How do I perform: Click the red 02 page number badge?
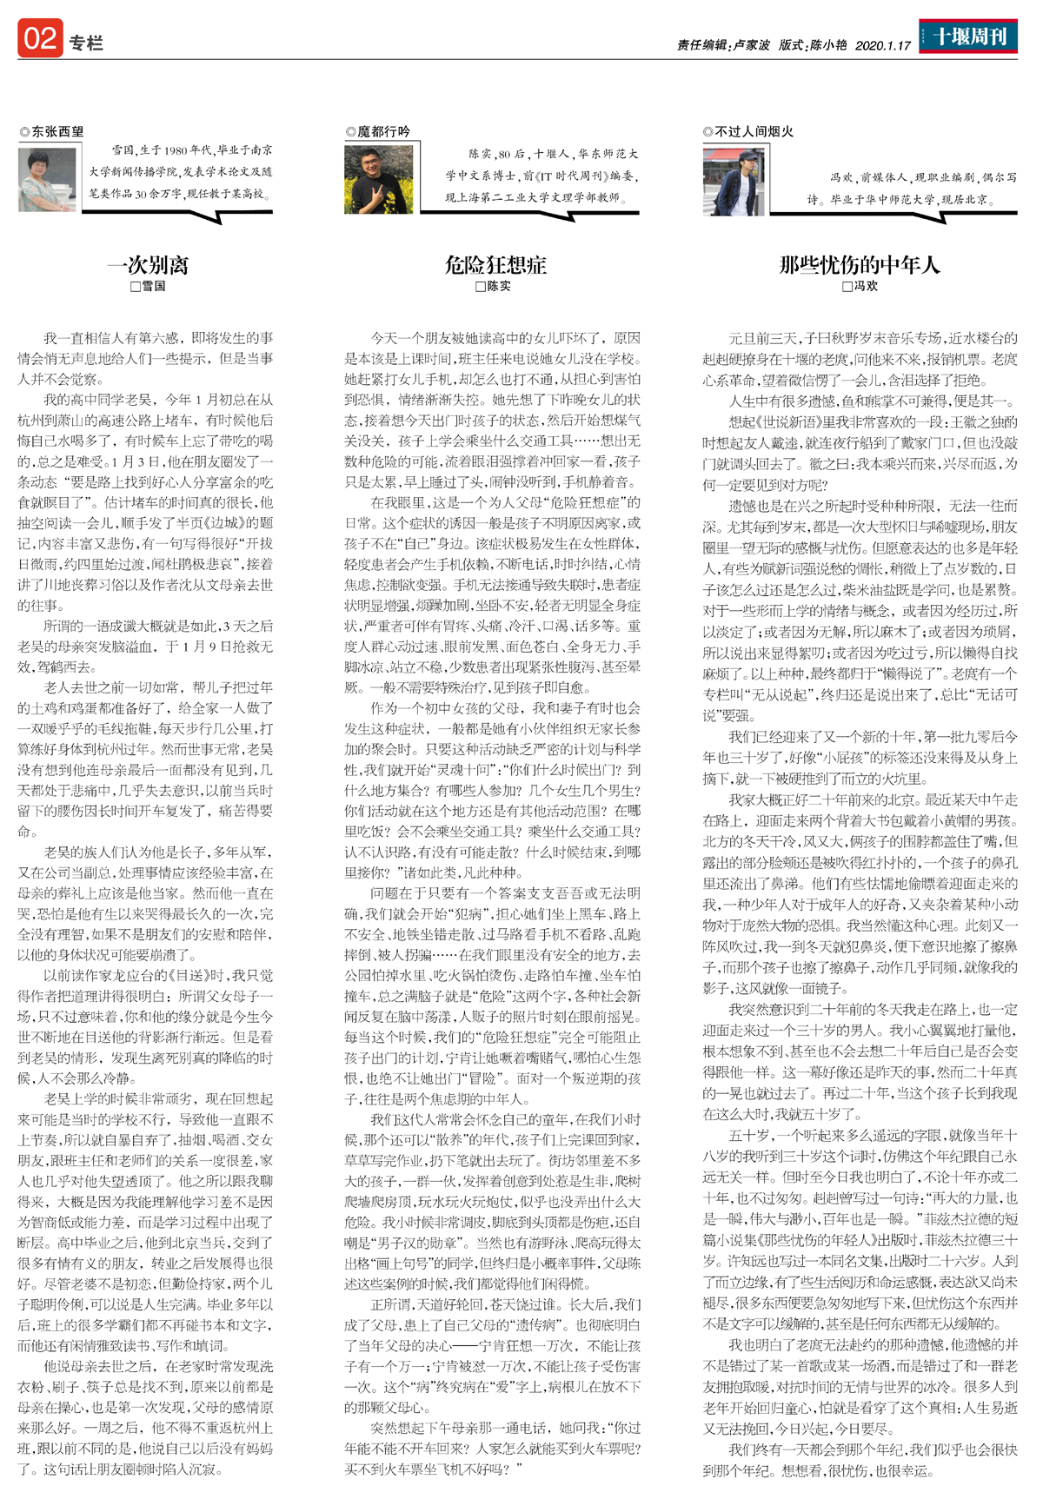pos(40,39)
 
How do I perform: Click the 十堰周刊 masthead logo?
pos(968,36)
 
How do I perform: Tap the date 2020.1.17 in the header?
pos(882,45)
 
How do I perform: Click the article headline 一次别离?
pos(147,264)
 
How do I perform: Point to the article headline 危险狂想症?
pos(495,264)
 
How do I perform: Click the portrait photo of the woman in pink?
pos(47,180)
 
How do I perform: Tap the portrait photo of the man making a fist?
pos(378,180)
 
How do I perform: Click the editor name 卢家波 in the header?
pos(752,45)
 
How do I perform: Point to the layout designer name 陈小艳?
pos(827,45)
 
